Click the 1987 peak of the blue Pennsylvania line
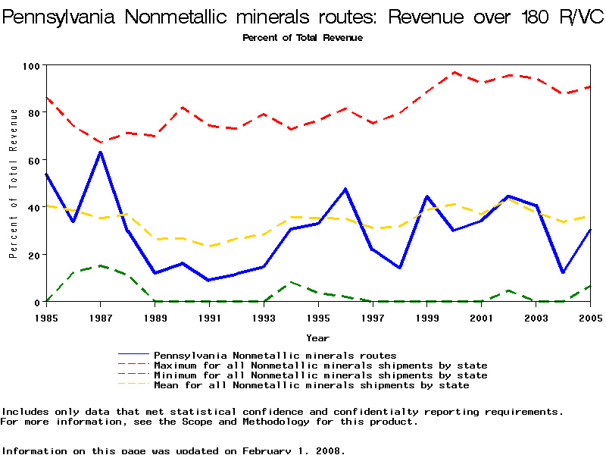100,152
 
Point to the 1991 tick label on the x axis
211,318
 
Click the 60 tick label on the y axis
33,160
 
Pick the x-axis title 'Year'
317,337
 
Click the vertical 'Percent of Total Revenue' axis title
14,183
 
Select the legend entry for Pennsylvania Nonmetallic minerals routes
275,355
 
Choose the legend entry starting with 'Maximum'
320,366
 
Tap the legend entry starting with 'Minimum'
320,375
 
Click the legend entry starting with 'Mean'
311,385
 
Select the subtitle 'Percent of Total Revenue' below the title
302,38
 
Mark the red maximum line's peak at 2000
454,73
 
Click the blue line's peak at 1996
345,189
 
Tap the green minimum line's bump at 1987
100,265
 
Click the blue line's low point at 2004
563,272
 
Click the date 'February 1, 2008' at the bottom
293,450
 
